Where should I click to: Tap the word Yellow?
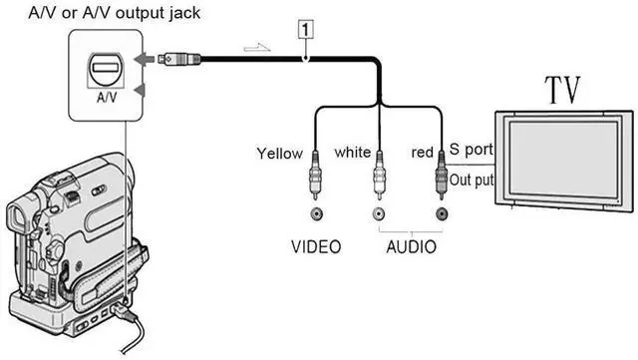pos(280,154)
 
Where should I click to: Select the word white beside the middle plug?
pos(352,153)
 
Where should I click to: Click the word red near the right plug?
pos(422,153)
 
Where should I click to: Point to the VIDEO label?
pos(315,245)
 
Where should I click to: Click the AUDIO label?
pos(410,245)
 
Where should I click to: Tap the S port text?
pos(471,150)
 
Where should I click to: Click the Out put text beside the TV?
pos(471,180)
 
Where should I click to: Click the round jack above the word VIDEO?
pos(316,213)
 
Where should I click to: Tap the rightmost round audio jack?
pos(440,213)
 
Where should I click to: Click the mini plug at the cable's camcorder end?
pos(179,59)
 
